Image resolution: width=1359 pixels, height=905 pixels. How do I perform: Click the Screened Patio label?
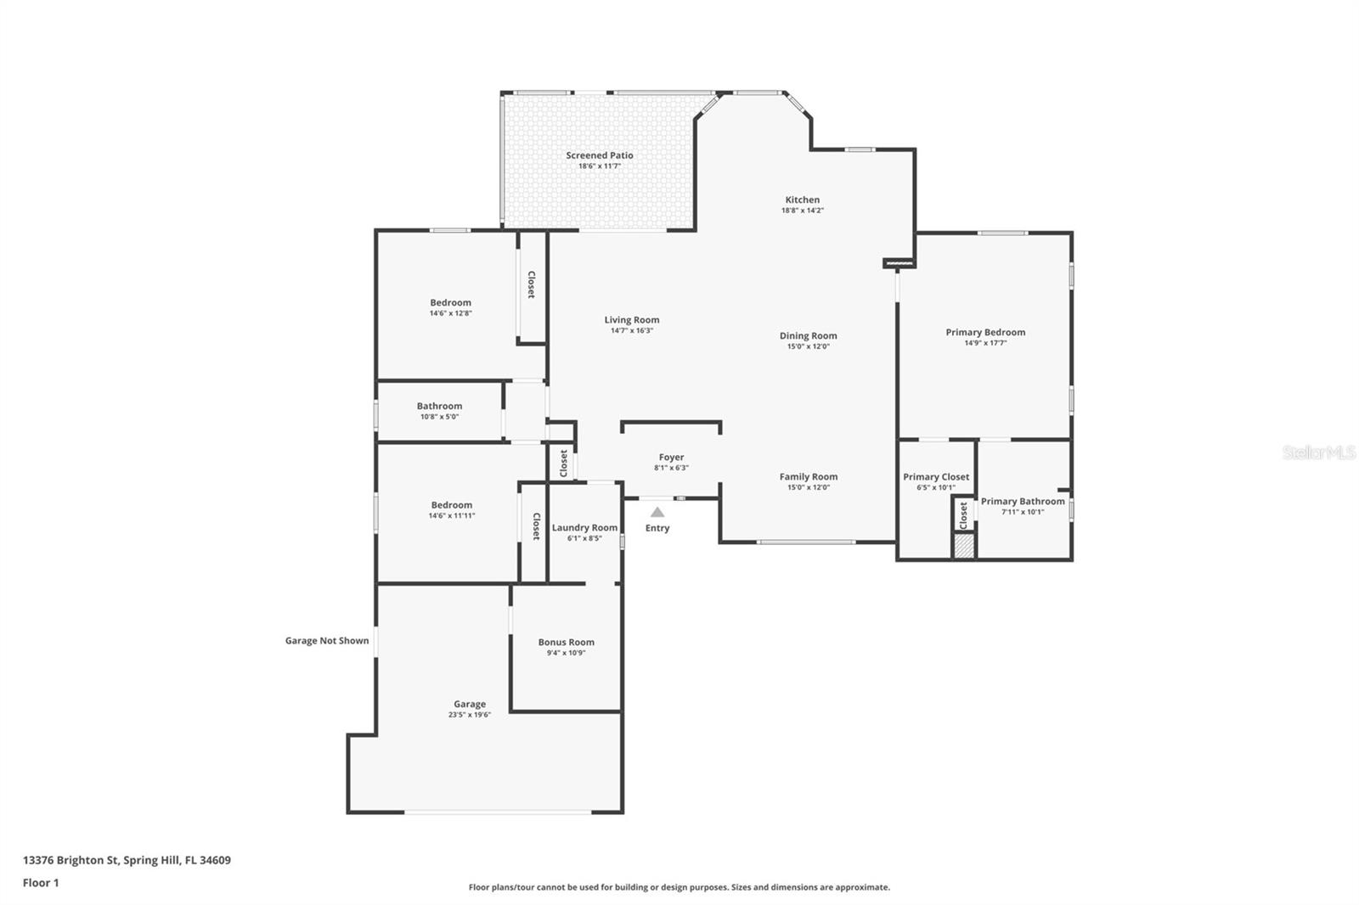(x=600, y=155)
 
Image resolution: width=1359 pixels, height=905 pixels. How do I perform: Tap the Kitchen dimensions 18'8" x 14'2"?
(x=803, y=211)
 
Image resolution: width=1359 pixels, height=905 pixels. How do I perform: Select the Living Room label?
(x=631, y=320)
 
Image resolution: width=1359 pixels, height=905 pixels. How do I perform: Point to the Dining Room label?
(x=808, y=336)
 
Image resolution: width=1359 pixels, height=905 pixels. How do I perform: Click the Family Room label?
(x=808, y=477)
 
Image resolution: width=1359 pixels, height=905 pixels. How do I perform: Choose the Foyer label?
(x=671, y=458)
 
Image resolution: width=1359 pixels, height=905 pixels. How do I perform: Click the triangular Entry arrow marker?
(x=657, y=513)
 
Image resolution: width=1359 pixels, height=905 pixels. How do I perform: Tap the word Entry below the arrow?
(x=657, y=528)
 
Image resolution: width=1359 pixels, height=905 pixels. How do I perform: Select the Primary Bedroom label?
(x=985, y=333)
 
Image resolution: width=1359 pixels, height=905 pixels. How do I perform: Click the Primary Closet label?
(x=936, y=477)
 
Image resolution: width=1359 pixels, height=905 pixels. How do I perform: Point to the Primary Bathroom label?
(x=1023, y=502)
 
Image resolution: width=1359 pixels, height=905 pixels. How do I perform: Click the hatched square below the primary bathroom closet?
(x=963, y=548)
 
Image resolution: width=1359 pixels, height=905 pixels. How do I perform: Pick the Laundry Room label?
(x=584, y=528)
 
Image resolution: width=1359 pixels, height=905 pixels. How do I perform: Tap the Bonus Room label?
(x=566, y=643)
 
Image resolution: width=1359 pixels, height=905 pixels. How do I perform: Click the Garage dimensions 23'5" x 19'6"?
(x=470, y=715)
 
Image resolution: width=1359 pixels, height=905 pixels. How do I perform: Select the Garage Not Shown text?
(x=327, y=641)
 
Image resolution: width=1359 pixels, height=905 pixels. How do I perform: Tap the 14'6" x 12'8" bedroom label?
(x=450, y=313)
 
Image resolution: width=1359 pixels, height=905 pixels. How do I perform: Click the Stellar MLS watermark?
(x=1318, y=453)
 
